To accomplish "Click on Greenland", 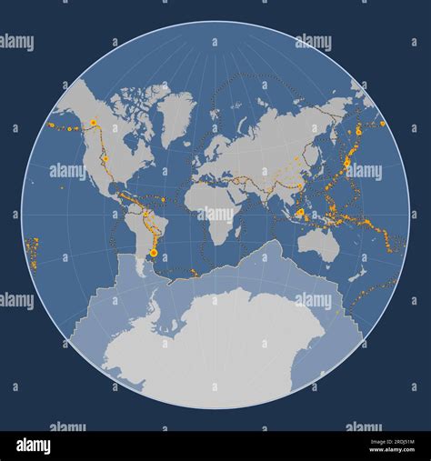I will pos(175,115).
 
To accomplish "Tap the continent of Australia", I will pos(319,244).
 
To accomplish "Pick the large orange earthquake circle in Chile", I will pos(154,251).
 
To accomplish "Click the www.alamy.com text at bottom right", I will pos(392,450).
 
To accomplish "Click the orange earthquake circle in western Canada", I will pos(93,122).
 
